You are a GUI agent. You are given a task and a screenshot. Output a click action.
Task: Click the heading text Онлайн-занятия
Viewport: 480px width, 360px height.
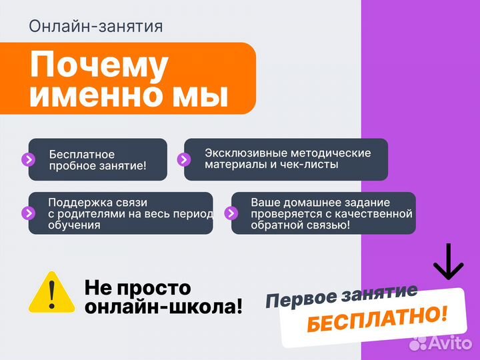96,26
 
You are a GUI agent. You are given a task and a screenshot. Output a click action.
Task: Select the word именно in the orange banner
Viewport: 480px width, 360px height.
107,95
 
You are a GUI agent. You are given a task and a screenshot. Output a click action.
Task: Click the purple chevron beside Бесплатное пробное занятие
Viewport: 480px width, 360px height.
29,159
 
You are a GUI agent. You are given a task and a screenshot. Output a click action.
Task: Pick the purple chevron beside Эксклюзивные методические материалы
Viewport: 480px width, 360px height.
184,159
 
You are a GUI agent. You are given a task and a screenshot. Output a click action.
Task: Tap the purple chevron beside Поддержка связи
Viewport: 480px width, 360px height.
29,213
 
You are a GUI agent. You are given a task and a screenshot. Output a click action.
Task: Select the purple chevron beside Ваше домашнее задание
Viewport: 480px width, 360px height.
231,213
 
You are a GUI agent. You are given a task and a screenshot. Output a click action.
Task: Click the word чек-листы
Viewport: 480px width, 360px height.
307,165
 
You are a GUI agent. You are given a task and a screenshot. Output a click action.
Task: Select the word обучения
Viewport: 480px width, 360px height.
74,225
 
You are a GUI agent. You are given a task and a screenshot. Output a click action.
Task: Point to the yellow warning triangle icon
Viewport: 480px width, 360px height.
51,293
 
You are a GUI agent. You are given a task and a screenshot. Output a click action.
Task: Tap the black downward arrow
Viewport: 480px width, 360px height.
448,261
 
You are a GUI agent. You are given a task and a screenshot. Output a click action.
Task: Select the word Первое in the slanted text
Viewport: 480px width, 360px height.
294,299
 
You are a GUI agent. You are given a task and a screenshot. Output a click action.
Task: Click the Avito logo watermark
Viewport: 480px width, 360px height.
441,343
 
